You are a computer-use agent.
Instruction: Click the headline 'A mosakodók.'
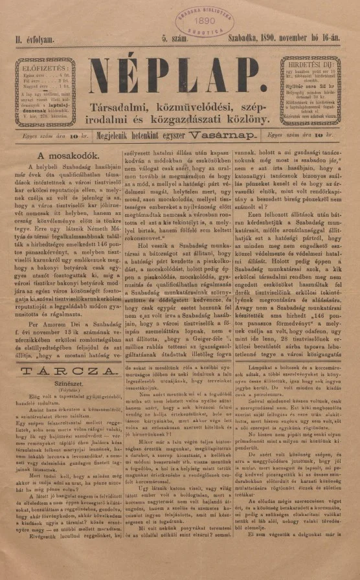pos(68,155)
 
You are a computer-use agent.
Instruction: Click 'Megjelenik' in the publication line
pos(118,137)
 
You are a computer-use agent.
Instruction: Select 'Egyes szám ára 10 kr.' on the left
pos(51,137)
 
